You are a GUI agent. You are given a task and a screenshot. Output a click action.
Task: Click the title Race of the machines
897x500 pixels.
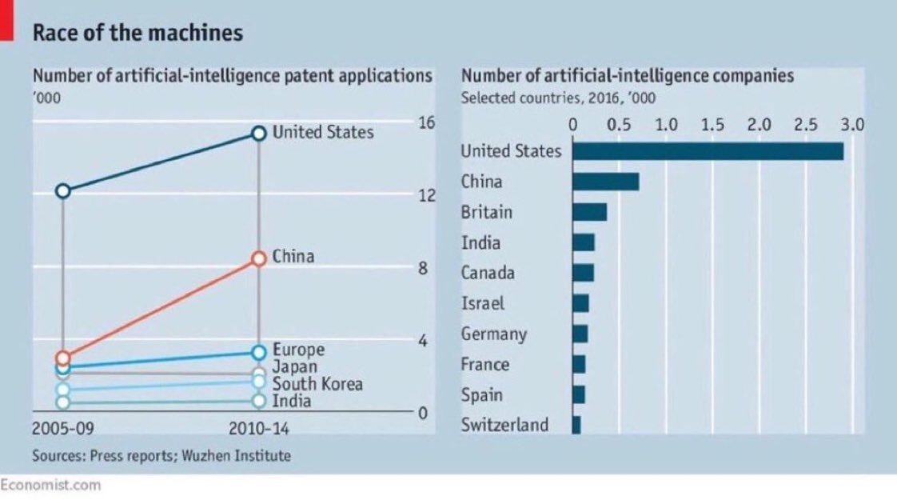[x=137, y=33]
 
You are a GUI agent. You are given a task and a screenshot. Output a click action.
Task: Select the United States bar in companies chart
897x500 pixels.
[x=708, y=151]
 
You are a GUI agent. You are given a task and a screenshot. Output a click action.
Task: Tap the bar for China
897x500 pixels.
[x=605, y=182]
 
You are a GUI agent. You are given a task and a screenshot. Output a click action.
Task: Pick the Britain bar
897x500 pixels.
[x=589, y=212]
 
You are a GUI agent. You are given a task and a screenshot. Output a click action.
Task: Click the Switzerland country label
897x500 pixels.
[x=504, y=424]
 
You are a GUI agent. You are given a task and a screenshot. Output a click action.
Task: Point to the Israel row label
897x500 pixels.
[x=483, y=303]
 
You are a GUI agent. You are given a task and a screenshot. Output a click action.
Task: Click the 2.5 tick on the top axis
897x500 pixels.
[x=807, y=125]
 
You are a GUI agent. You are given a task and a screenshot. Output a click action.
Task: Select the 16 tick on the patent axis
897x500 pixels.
[x=425, y=122]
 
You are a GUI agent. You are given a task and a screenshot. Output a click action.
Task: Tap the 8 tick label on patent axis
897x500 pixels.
[x=424, y=268]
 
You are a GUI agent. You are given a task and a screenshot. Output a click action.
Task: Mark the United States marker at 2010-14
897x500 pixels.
[x=258, y=134]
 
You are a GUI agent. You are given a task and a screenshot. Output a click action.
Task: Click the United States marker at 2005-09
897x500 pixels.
[x=63, y=190]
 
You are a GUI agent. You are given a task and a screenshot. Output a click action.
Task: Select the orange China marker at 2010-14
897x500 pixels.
[x=258, y=258]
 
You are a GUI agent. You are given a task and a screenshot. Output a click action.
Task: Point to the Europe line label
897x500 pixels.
[x=298, y=350]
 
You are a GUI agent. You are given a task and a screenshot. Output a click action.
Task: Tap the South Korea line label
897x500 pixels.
[x=317, y=384]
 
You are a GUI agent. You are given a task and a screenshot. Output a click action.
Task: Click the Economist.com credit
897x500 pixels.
[x=50, y=485]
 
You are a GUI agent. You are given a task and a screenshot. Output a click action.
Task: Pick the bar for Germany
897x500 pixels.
[x=580, y=334]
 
